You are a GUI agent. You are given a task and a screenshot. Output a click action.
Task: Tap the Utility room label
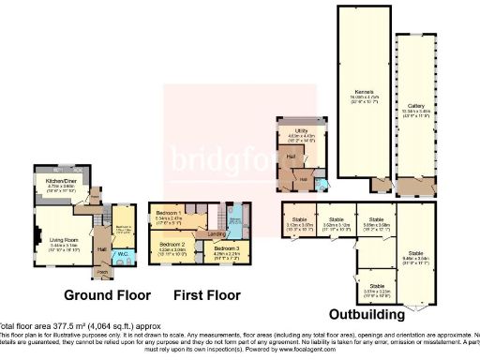click(x=302, y=130)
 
